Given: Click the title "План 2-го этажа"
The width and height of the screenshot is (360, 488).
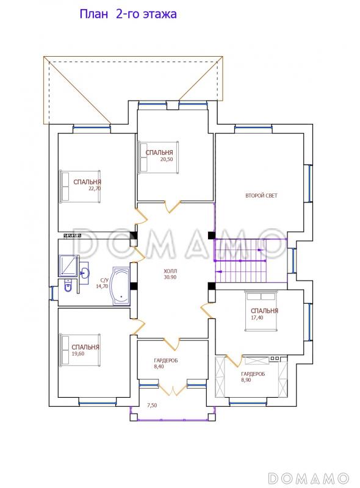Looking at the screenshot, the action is [128, 14].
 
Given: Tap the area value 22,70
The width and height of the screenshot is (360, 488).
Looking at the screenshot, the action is [95, 188].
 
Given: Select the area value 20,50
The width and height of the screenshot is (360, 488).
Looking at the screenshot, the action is [167, 159].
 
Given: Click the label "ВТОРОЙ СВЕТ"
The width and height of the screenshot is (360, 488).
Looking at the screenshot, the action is [261, 196].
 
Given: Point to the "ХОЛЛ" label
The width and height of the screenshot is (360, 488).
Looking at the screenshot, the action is [170, 271].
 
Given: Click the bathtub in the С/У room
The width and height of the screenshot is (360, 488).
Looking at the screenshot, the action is [121, 285].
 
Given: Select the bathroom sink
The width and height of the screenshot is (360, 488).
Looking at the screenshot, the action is [84, 273].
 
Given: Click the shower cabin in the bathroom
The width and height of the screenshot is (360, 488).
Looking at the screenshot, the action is [68, 265].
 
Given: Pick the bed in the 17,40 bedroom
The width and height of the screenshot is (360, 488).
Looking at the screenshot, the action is [261, 310].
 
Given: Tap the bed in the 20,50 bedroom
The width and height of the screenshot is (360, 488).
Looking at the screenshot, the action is [158, 157].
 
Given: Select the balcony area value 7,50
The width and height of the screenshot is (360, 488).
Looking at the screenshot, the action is [152, 405].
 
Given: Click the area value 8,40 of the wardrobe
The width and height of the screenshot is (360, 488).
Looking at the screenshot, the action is [159, 367].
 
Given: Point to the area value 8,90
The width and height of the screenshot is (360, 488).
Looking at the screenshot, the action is [246, 380].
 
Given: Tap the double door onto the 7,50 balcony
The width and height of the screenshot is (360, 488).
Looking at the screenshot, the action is [173, 389].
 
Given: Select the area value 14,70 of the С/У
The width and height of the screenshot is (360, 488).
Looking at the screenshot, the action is [102, 286].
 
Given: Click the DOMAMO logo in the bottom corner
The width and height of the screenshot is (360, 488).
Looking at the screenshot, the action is [308, 478].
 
